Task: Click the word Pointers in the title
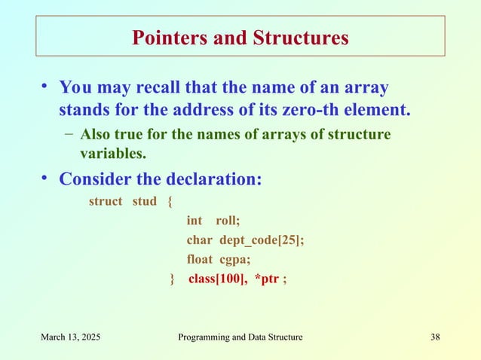coord(167,38)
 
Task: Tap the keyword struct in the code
coord(106,202)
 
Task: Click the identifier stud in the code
coord(144,202)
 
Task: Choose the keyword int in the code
coord(194,221)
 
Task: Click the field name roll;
coord(228,221)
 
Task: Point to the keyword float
coord(200,260)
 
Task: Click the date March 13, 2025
coord(72,337)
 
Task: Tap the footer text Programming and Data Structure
coord(240,337)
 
